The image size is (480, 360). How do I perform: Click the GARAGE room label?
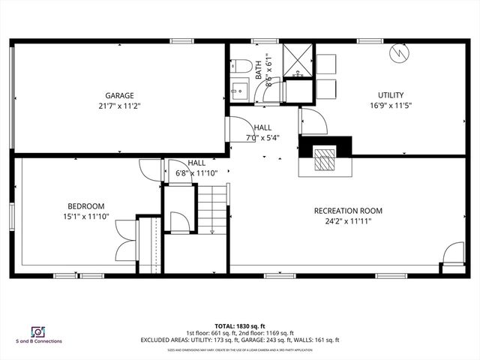pyautogui.click(x=119, y=95)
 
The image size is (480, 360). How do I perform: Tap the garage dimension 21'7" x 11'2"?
pyautogui.click(x=119, y=106)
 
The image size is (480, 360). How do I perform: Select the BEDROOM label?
pyautogui.click(x=86, y=206)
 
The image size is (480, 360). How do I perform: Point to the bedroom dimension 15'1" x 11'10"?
pyautogui.click(x=86, y=217)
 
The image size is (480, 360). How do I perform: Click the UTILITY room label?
pyautogui.click(x=391, y=95)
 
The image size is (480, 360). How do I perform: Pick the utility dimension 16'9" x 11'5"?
pyautogui.click(x=391, y=106)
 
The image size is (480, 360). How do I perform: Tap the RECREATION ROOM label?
pyautogui.click(x=348, y=211)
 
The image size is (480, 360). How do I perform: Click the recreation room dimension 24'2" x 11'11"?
pyautogui.click(x=348, y=221)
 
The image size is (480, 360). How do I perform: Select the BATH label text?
pyautogui.click(x=259, y=70)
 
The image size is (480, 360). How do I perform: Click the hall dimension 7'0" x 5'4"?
pyautogui.click(x=263, y=138)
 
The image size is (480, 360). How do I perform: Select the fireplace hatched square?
pyautogui.click(x=325, y=159)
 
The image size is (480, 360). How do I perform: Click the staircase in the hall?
pyautogui.click(x=213, y=208)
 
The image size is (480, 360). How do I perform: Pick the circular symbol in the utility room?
pyautogui.click(x=399, y=55)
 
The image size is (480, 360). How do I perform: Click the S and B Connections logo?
pyautogui.click(x=37, y=333)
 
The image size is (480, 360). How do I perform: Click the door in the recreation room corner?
pyautogui.click(x=453, y=254)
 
